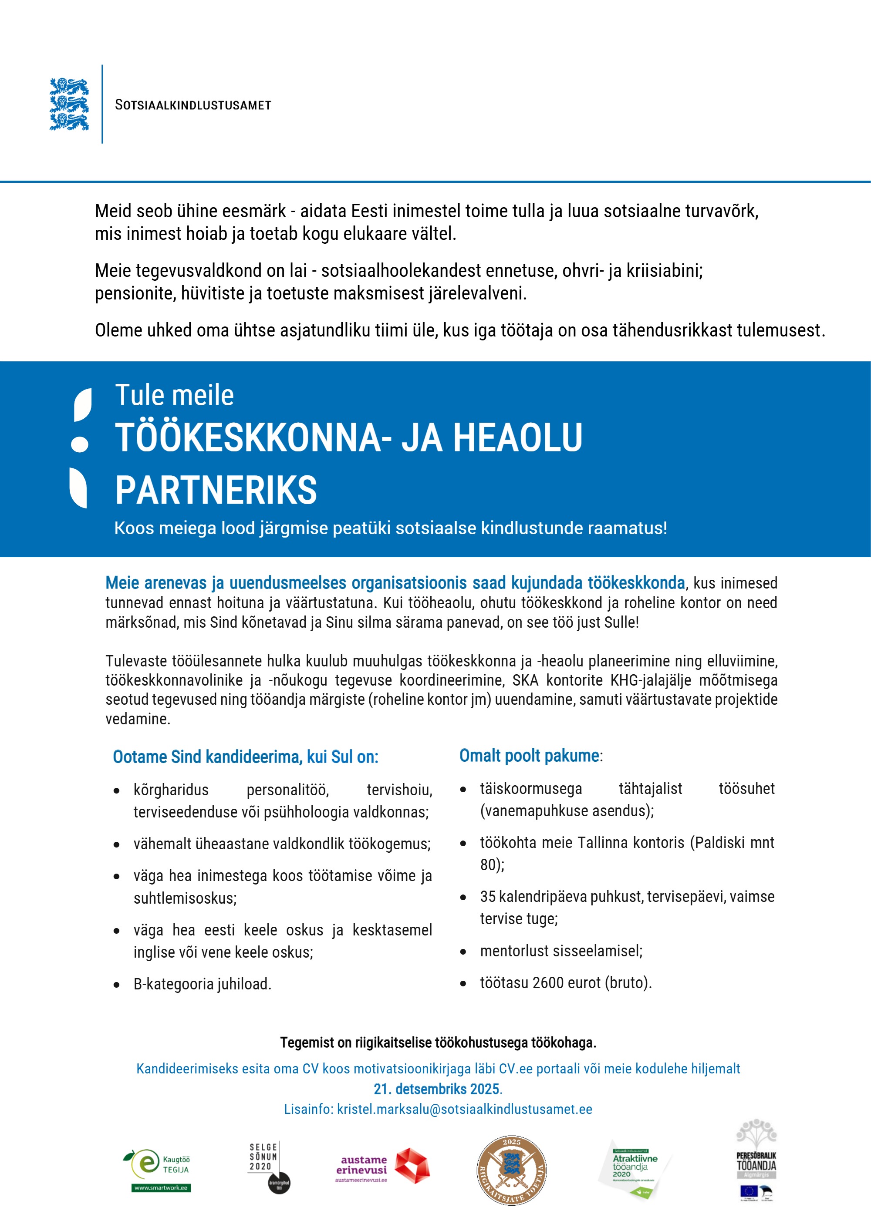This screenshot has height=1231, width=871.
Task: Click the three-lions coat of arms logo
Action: (69, 104)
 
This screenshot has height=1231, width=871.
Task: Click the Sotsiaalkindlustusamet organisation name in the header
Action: (193, 105)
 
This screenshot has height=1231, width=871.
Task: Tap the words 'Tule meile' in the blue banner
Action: (174, 395)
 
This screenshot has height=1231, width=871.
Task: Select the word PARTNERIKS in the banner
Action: (216, 490)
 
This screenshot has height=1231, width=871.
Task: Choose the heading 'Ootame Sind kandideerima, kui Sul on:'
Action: (246, 757)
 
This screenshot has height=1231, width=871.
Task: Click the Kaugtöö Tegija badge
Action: (161, 1170)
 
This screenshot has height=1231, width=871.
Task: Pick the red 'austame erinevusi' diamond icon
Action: (412, 1166)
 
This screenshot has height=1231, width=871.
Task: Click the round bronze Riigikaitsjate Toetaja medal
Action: (512, 1170)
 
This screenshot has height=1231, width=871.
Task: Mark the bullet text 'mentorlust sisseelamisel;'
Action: (561, 951)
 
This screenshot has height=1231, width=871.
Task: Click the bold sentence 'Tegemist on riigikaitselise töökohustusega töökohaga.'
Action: (438, 1043)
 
